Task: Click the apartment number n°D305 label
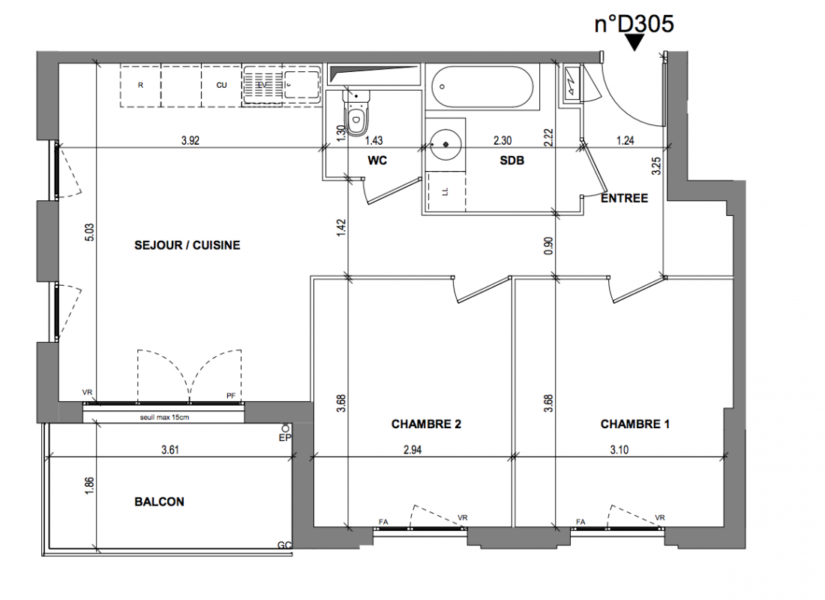634,24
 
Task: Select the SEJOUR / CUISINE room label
187,245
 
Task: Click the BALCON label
160,502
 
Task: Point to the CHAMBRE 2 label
426,424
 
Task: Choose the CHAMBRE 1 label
635,424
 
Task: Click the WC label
377,160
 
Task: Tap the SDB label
512,160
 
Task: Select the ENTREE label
625,199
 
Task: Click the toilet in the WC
356,112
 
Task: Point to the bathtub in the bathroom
482,87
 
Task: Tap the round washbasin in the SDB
446,144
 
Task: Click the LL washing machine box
445,192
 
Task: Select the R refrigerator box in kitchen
140,85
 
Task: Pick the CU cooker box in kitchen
221,85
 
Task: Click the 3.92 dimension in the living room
190,140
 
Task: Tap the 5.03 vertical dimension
89,232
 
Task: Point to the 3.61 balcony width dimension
170,450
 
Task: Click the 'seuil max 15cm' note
164,417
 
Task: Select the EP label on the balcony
285,437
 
